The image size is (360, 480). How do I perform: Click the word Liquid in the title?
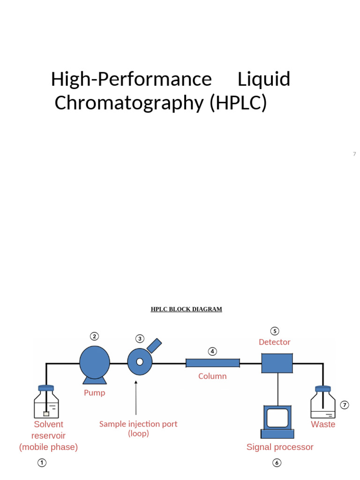[x=264, y=79]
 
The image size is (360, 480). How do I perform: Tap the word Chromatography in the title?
[x=129, y=103]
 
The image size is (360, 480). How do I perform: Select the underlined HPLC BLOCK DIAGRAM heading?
[x=187, y=309]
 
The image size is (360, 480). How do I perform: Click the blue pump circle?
[x=95, y=362]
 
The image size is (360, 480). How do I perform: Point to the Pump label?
[x=95, y=393]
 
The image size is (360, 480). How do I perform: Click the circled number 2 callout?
[x=94, y=337]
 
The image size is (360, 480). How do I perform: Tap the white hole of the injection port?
[x=140, y=362]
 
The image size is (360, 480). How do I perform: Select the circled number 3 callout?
[x=140, y=339]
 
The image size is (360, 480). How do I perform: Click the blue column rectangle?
[x=213, y=363]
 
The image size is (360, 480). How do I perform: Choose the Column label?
[x=212, y=376]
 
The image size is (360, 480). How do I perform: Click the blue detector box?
[x=277, y=363]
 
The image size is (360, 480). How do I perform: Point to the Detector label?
[x=275, y=342]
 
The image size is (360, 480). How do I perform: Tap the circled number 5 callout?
[x=275, y=331]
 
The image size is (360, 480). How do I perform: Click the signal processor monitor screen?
[x=277, y=418]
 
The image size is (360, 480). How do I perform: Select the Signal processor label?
[x=280, y=447]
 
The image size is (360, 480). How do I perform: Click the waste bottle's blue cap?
[x=323, y=389]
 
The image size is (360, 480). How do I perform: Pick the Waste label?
[x=323, y=424]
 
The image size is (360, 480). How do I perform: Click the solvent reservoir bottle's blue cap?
[x=46, y=388]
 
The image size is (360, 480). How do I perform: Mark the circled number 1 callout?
[x=42, y=463]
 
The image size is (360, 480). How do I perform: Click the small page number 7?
[x=354, y=154]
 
